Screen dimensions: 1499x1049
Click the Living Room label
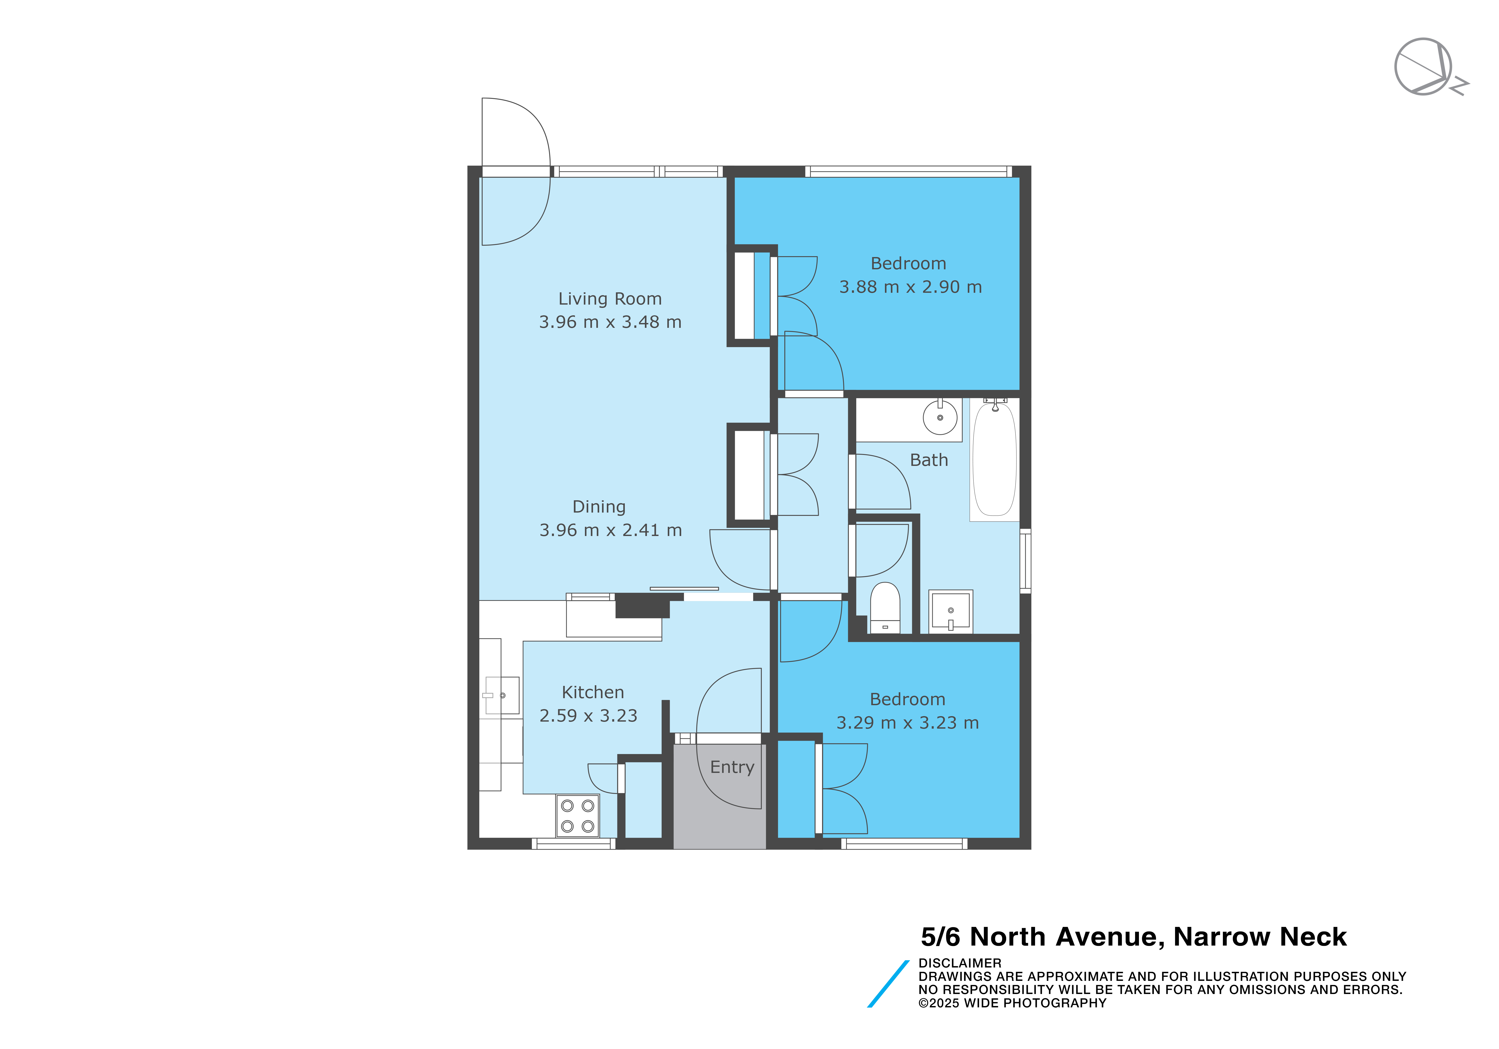[610, 299]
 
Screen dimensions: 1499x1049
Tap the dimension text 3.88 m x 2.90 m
[910, 287]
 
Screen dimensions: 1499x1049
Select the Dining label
[599, 507]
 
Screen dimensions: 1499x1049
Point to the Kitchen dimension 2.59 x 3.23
[588, 716]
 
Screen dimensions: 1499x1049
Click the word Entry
[732, 768]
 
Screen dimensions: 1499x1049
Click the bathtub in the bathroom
[994, 459]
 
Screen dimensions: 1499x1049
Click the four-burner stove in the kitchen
[577, 816]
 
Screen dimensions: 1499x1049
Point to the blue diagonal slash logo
[888, 984]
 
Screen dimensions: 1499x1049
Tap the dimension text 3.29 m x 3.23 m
[908, 723]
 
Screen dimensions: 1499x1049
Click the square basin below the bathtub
[951, 612]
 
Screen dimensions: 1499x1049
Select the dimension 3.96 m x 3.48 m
[610, 323]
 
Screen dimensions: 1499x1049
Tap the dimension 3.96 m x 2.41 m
[610, 531]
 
